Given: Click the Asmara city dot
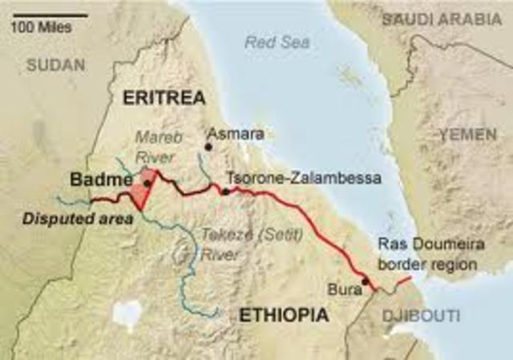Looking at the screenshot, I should [208, 147].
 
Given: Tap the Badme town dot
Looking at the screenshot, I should [147, 184].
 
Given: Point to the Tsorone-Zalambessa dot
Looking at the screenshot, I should [226, 191].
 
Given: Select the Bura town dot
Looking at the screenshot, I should [366, 281].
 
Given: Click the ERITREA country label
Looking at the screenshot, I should [164, 98].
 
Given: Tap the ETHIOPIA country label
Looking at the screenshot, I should [283, 315].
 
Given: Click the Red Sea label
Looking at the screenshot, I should [269, 43].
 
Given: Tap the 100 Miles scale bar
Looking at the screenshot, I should [39, 14].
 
